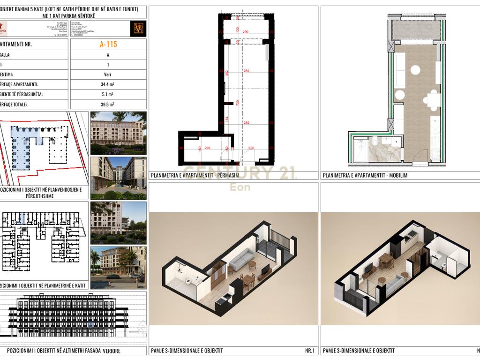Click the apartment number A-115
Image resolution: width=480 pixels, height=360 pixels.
pyautogui.click(x=108, y=45)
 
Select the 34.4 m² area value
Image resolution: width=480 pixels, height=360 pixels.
pyautogui.click(x=108, y=85)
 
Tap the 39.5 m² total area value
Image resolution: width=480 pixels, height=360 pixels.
pyautogui.click(x=108, y=105)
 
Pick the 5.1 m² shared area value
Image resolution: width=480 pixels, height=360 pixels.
pyautogui.click(x=108, y=95)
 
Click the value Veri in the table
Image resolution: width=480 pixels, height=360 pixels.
pyautogui.click(x=108, y=75)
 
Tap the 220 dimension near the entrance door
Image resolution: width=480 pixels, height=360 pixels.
pyautogui.click(x=251, y=149)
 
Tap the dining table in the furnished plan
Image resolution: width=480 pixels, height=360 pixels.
pyautogui.click(x=432, y=99)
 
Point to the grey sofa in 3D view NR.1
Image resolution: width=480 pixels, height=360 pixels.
pyautogui.click(x=243, y=257)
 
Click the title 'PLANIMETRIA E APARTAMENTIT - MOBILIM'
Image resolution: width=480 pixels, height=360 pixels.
pyautogui.click(x=364, y=176)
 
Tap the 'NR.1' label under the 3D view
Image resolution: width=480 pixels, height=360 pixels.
pyautogui.click(x=309, y=351)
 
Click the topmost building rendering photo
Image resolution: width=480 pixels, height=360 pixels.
pyautogui.click(x=118, y=133)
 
